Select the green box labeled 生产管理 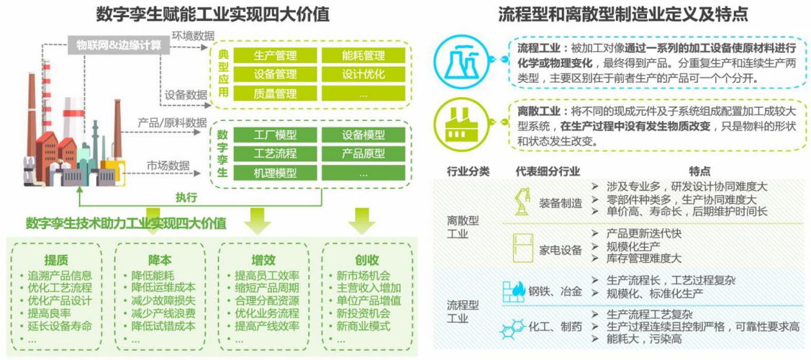coord(275,55)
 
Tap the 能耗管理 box coord(363,55)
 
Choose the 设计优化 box coord(363,74)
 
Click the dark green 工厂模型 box coord(275,135)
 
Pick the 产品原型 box coord(363,153)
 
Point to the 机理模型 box coord(275,173)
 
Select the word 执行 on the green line coord(186,197)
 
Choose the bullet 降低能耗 coord(153,274)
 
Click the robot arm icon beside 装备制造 coord(523,201)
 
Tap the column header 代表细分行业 coord(548,172)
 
